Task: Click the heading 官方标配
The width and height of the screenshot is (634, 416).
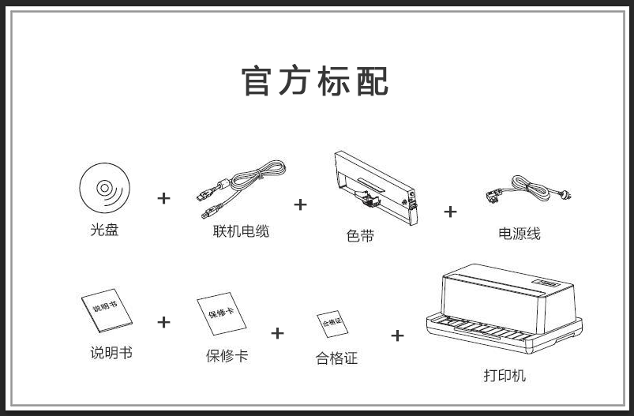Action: (x=316, y=82)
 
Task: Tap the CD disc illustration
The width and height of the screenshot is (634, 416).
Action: (x=104, y=189)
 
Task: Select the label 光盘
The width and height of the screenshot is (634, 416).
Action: (x=104, y=230)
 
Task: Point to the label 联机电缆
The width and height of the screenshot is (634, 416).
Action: (x=241, y=231)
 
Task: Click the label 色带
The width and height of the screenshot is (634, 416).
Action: (x=360, y=235)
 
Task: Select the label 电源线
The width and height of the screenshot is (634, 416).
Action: (x=520, y=234)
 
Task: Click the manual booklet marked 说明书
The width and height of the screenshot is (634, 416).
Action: (x=107, y=310)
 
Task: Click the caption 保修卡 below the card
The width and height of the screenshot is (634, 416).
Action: (x=227, y=355)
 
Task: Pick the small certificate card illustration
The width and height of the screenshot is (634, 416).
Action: (x=332, y=324)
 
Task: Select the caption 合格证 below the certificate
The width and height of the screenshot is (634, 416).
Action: (x=336, y=358)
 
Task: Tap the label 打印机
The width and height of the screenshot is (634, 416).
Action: (x=505, y=376)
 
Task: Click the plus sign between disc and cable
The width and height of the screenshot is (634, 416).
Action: (x=163, y=197)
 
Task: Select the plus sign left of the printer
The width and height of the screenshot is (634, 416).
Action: (x=397, y=335)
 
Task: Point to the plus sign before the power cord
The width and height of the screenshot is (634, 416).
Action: (x=450, y=211)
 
